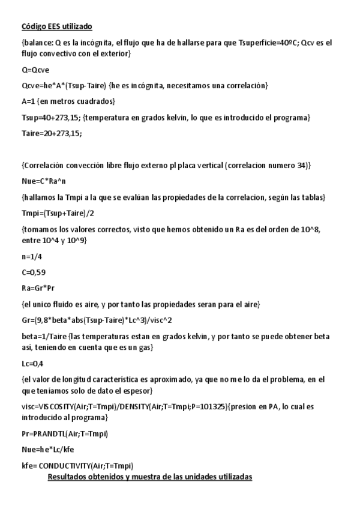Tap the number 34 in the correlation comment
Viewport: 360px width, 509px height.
point(302,164)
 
